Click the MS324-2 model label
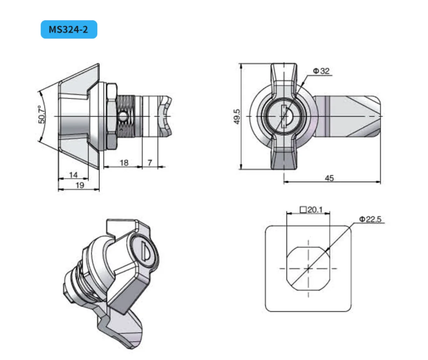tap(68, 29)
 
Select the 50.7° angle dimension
tap(42, 115)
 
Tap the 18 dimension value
tap(124, 162)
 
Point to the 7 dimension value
tap(150, 162)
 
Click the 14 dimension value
tap(73, 175)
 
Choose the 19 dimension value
tap(80, 185)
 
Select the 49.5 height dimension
tap(237, 116)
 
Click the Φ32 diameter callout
tap(321, 71)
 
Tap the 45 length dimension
tap(329, 178)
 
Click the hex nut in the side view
tap(111, 116)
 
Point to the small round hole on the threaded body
tap(122, 116)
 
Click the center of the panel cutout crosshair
tap(308, 269)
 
